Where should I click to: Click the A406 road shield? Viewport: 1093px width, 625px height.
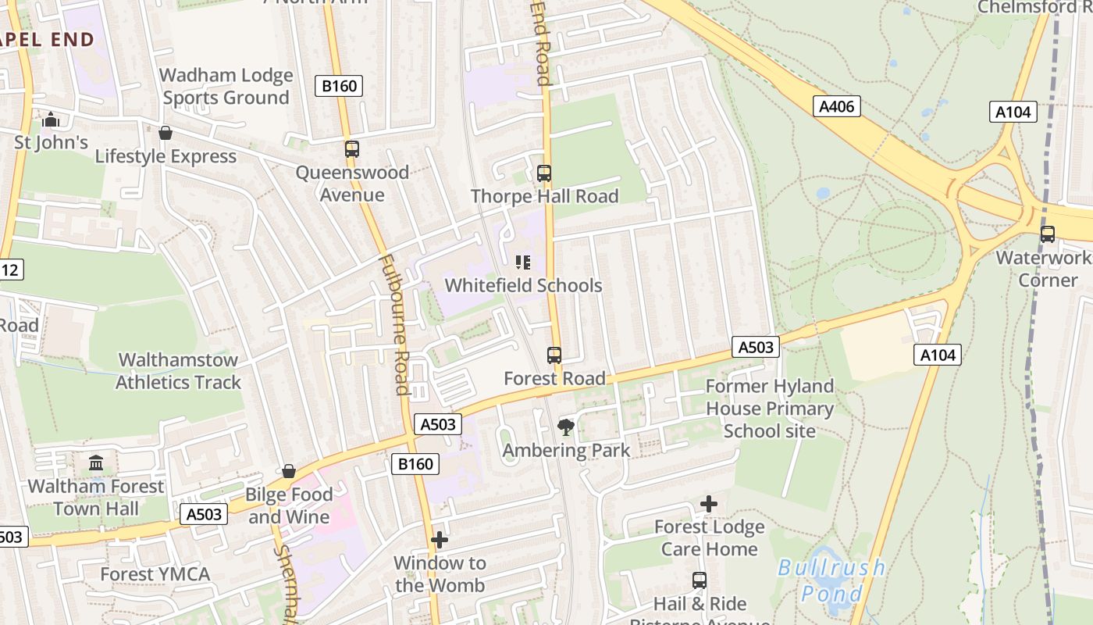coord(838,106)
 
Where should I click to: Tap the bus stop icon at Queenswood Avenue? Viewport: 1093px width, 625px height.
coord(351,148)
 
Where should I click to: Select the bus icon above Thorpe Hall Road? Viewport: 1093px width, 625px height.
coord(544,173)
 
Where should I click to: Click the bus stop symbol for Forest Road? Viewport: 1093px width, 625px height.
coord(554,355)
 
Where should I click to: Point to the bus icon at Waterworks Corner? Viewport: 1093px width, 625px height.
coord(1047,234)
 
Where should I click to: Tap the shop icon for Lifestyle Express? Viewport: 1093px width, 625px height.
coord(166,134)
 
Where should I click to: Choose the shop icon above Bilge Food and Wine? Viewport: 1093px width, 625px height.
coord(289,471)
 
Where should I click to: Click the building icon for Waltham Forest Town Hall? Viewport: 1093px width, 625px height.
coord(96,463)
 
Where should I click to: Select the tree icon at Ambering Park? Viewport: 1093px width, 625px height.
coord(566,427)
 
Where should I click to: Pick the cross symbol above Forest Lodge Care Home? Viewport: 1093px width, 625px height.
coord(709,504)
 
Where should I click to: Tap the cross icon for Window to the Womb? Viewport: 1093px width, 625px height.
coord(440,540)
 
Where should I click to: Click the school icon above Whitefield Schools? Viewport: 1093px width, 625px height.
coord(523,262)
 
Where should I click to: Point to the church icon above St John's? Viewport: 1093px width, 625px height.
coord(52,120)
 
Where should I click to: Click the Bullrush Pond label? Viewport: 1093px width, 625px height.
coord(831,579)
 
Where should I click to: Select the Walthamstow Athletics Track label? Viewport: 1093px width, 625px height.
coord(179,371)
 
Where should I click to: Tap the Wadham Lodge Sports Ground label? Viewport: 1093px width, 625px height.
coord(226,86)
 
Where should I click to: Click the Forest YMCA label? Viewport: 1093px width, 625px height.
coord(155,574)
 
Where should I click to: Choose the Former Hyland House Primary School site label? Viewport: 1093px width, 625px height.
coord(770,409)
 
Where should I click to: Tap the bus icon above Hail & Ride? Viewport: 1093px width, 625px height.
coord(700,580)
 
